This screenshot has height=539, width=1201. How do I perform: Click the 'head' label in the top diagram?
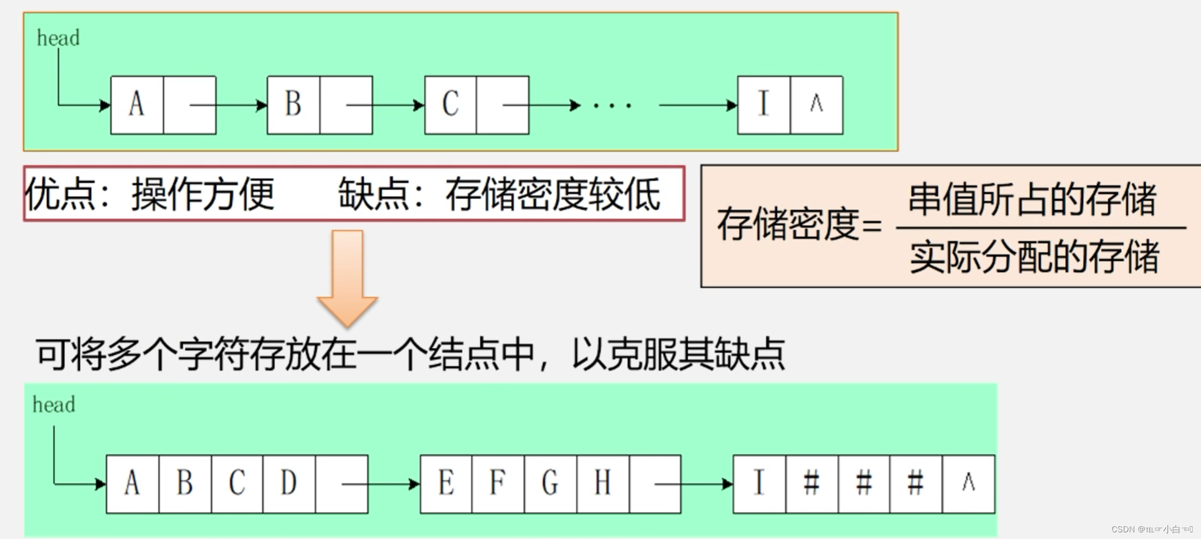click(58, 38)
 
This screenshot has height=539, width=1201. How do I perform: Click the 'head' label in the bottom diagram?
click(54, 405)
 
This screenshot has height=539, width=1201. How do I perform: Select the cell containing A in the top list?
click(137, 105)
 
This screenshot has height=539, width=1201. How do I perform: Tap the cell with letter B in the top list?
click(293, 105)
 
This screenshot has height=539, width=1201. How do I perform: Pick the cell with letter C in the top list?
click(451, 105)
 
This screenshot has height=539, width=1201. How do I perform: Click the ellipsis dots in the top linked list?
click(613, 105)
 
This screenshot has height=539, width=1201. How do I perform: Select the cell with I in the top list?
click(763, 105)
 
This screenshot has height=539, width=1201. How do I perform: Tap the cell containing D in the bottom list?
click(289, 483)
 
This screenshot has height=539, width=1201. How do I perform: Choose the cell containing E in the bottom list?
click(446, 483)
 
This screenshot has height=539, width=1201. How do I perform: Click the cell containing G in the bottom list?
click(551, 483)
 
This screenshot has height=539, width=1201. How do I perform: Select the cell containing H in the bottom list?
click(602, 483)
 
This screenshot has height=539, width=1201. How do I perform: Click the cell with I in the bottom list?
click(759, 483)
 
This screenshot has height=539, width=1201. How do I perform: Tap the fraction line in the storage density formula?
click(1040, 228)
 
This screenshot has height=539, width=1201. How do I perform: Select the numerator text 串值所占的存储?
click(1032, 199)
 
